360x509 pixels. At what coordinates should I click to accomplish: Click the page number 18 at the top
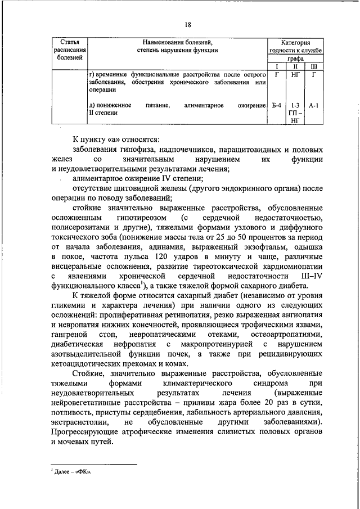pyautogui.click(x=188, y=24)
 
